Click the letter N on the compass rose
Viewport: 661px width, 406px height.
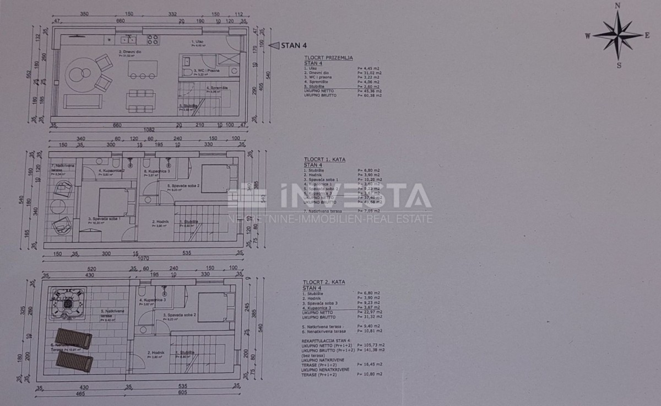(x=618, y=6)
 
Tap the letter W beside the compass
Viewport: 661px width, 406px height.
(x=588, y=36)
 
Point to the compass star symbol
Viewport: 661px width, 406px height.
(x=617, y=35)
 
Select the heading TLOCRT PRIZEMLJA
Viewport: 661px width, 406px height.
(x=328, y=57)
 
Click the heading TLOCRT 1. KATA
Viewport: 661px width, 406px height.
(x=324, y=159)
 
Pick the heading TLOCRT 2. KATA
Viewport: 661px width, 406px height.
(x=324, y=282)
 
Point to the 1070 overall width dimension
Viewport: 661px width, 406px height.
(x=143, y=258)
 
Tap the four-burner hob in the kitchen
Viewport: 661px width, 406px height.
(x=152, y=39)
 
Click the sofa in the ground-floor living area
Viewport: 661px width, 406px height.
(x=83, y=101)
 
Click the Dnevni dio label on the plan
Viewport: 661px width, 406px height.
(x=127, y=53)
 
